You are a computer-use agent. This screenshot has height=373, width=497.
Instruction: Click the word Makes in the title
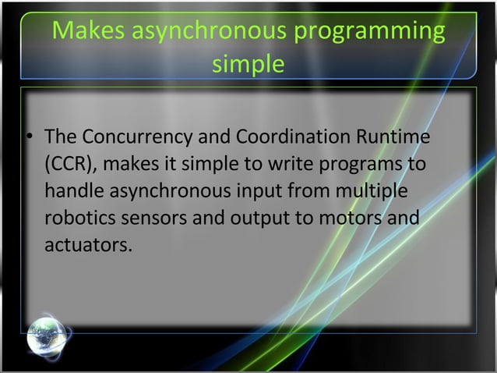pyautogui.click(x=83, y=32)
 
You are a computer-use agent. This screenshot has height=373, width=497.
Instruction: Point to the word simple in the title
pyautogui.click(x=248, y=64)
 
